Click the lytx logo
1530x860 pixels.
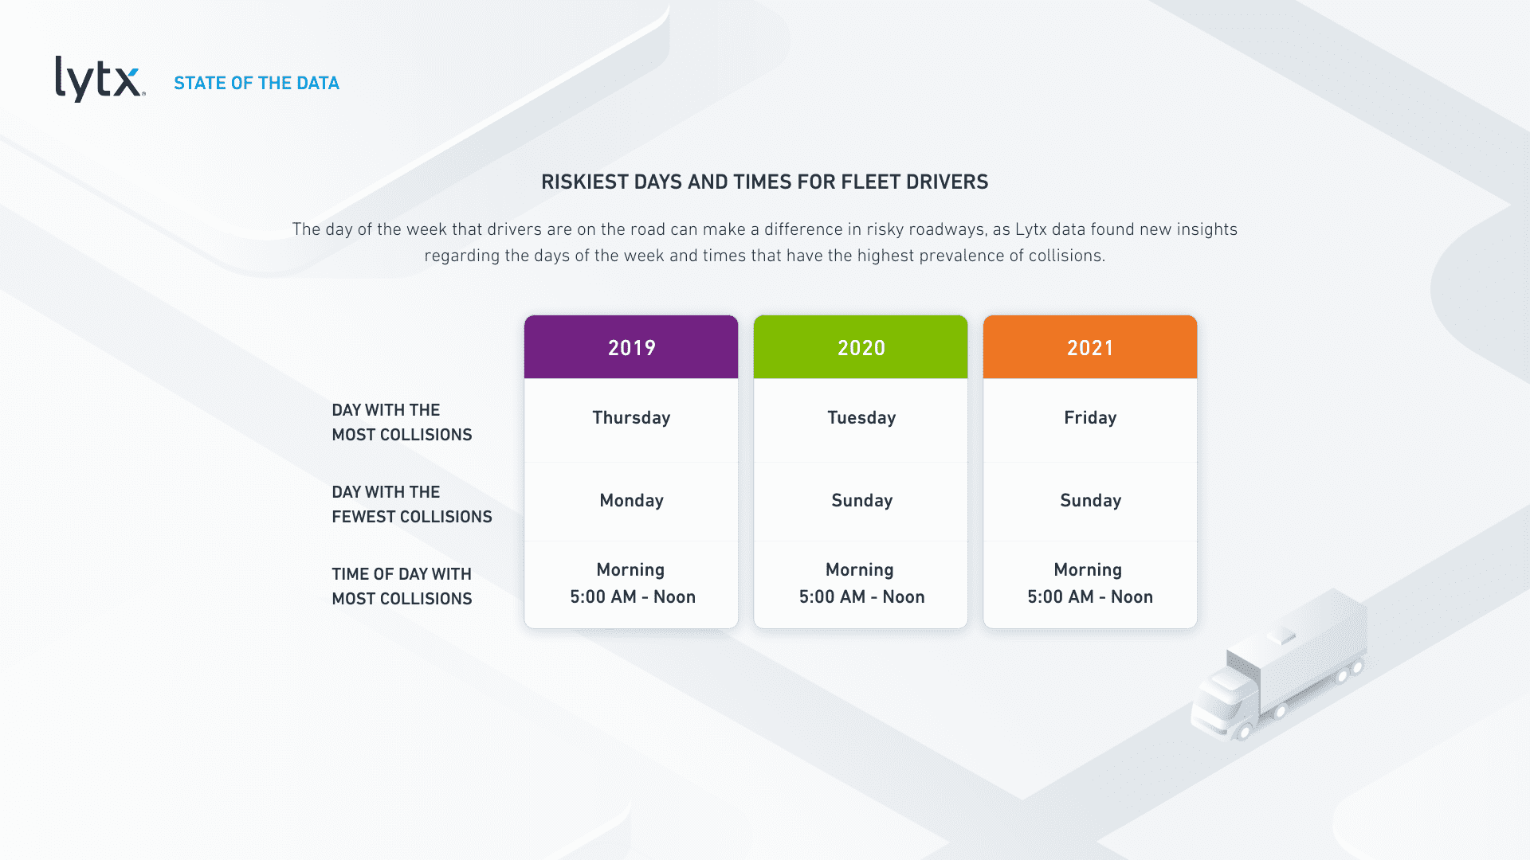(x=100, y=79)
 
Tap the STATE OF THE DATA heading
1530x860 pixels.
(x=257, y=83)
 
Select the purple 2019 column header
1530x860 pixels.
(x=631, y=347)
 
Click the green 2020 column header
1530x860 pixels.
(x=861, y=347)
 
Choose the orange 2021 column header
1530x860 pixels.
(x=1090, y=347)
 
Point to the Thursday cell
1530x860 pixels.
(x=631, y=418)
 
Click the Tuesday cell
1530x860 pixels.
(x=861, y=418)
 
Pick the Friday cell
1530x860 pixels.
(x=1090, y=418)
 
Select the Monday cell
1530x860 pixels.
(x=631, y=501)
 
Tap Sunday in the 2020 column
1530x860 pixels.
(x=861, y=501)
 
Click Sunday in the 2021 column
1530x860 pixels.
(x=1090, y=501)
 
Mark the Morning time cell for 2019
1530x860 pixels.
(x=632, y=584)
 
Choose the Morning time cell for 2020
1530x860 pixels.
(x=861, y=584)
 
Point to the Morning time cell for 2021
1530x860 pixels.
(x=1089, y=584)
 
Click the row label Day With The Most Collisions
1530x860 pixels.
(x=402, y=422)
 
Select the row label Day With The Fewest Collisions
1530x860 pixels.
(x=412, y=504)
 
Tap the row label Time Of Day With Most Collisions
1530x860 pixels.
(x=402, y=586)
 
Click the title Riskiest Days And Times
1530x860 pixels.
(x=764, y=182)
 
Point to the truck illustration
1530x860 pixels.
(x=1280, y=665)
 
